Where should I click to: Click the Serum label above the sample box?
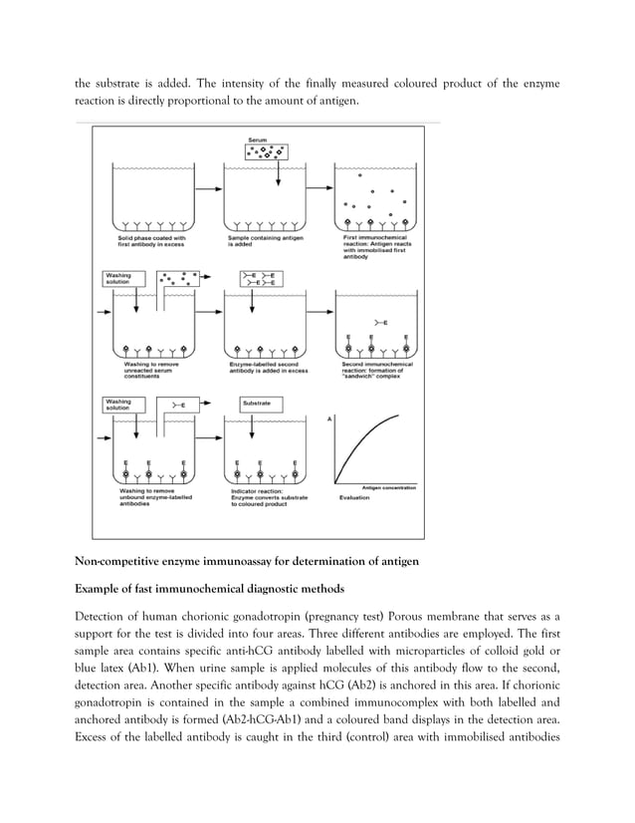(x=257, y=138)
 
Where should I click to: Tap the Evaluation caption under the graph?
(x=355, y=495)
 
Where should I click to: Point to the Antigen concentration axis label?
(x=383, y=486)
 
